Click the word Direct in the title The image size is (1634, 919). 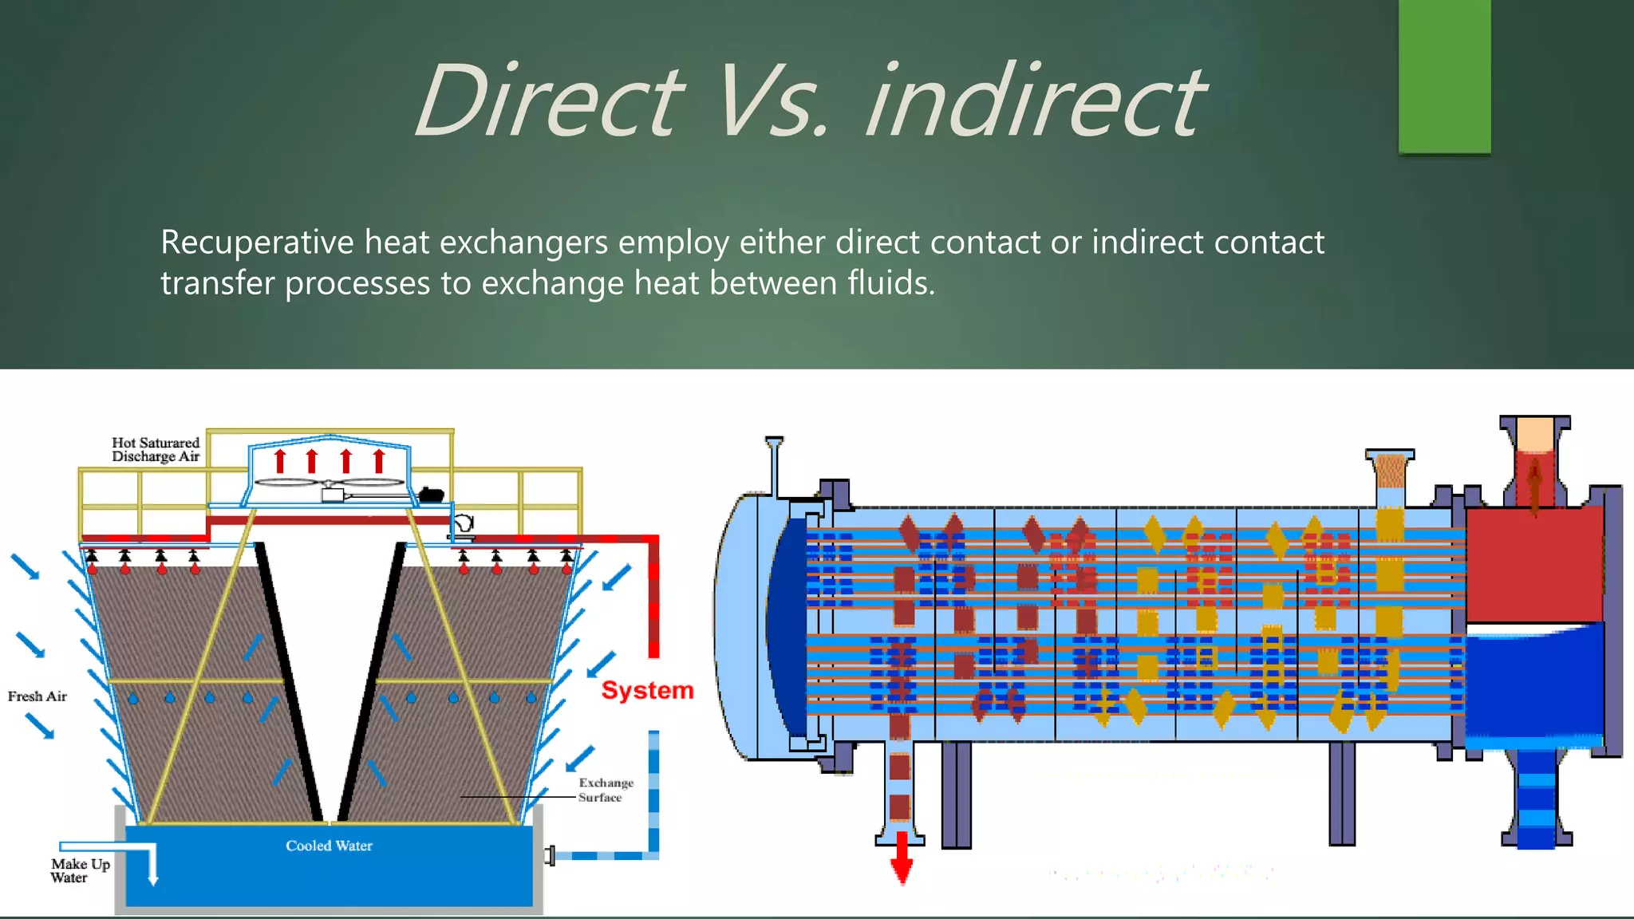tap(549, 101)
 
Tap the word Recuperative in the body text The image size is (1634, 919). tap(257, 242)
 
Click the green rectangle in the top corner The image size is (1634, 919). tap(1444, 76)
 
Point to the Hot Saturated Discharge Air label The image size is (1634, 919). tap(156, 449)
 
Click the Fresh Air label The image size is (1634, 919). tap(37, 696)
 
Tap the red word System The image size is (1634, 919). tap(647, 690)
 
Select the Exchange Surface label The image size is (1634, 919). tap(606, 790)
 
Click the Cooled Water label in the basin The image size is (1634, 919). tap(329, 846)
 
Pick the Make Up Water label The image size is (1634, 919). tap(80, 870)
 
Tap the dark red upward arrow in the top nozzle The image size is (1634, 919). tap(1534, 487)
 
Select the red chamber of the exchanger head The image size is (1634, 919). tap(1534, 566)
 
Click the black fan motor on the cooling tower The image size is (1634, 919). tap(431, 495)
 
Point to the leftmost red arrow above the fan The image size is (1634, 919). tap(280, 461)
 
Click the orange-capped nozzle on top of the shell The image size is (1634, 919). tap(1390, 471)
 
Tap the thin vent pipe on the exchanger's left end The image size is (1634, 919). tap(774, 467)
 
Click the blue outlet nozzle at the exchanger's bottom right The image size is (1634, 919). tap(1536, 806)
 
